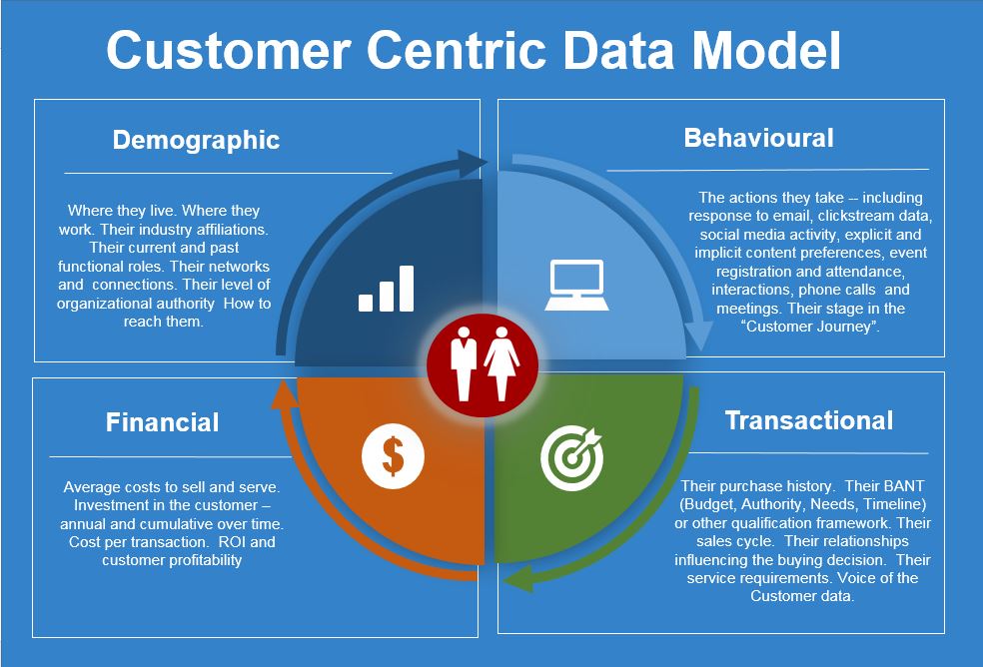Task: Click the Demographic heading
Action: point(196,140)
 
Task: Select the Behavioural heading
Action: point(758,137)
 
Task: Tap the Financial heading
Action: point(162,422)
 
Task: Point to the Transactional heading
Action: point(809,420)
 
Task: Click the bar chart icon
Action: point(386,289)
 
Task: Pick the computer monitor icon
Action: point(576,285)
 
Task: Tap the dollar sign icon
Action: point(393,457)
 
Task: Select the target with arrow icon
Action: point(571,456)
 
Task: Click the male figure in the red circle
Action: point(464,364)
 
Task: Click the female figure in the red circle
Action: point(499,364)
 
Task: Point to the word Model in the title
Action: point(762,50)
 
